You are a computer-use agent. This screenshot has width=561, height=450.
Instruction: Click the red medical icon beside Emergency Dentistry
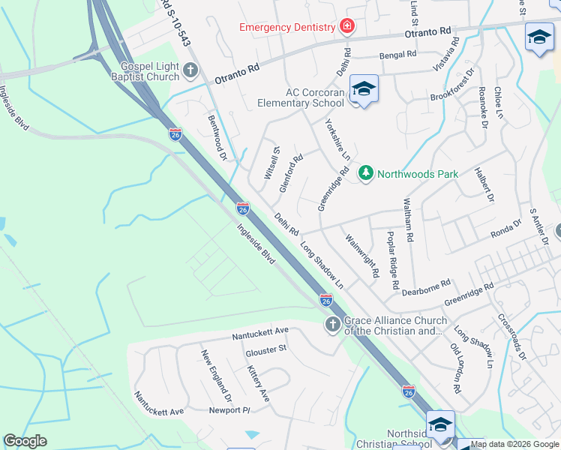[346, 28]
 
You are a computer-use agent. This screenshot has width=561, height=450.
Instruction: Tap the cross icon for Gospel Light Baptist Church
[190, 71]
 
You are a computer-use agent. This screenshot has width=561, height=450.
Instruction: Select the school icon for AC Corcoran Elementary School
[364, 89]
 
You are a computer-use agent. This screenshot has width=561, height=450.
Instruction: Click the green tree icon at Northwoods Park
[366, 174]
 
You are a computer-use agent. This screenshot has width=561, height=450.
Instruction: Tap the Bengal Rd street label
[397, 55]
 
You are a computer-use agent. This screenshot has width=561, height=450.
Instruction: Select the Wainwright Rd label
[362, 256]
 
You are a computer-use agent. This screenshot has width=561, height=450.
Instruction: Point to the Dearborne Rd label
[426, 286]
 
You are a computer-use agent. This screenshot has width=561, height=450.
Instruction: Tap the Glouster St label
[268, 349]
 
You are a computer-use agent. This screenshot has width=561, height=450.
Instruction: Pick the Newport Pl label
[229, 410]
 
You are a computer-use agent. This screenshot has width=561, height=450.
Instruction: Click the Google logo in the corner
[25, 440]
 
